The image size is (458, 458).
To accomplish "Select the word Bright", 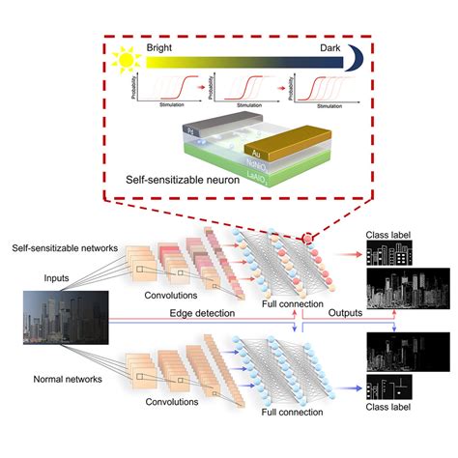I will click(x=159, y=46).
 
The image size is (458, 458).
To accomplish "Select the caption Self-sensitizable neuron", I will click(x=182, y=180).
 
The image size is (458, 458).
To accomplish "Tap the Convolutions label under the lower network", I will click(x=154, y=398).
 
